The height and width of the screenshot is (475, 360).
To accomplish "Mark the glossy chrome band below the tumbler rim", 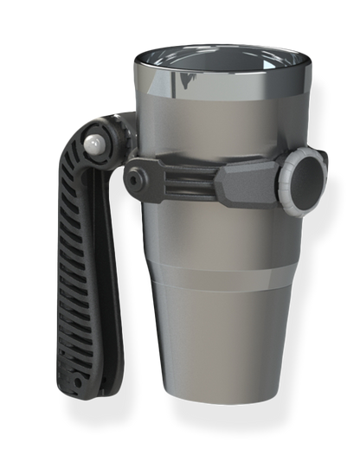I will click(x=216, y=91).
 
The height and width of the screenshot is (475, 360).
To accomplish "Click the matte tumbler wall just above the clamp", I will click(x=216, y=130).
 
